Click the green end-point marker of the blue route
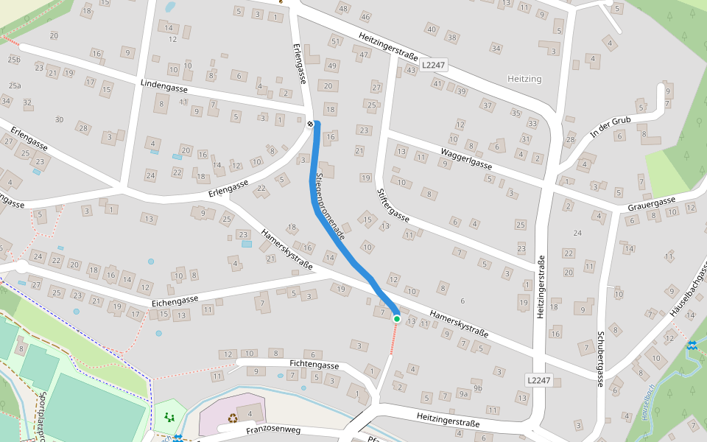pyautogui.click(x=397, y=318)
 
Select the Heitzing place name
pyautogui.click(x=524, y=79)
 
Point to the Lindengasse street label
pyautogui.click(x=163, y=86)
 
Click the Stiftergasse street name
pyautogui.click(x=393, y=205)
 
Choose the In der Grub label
pyautogui.click(x=611, y=126)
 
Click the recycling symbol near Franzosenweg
pyautogui.click(x=233, y=418)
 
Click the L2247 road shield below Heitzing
pyautogui.click(x=538, y=380)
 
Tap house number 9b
pyautogui.click(x=478, y=387)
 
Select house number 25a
pyautogui.click(x=15, y=85)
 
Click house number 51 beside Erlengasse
pyautogui.click(x=335, y=41)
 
